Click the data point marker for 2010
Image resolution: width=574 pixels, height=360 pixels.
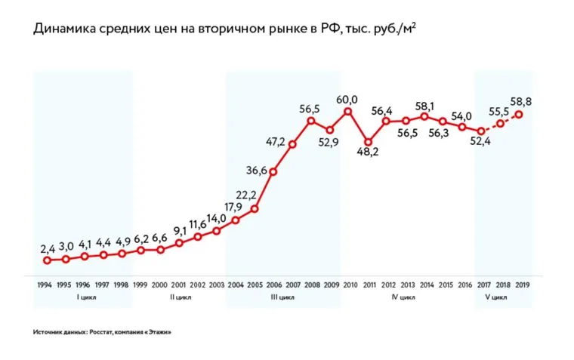pyautogui.click(x=348, y=112)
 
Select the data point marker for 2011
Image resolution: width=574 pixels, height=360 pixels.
pyautogui.click(x=368, y=142)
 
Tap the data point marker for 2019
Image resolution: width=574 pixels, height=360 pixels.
pyautogui.click(x=519, y=114)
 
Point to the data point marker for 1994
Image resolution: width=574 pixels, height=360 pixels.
pyautogui.click(x=47, y=260)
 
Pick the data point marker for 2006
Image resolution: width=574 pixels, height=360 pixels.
pyautogui.click(x=273, y=171)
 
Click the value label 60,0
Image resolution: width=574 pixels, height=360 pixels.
pyautogui.click(x=347, y=99)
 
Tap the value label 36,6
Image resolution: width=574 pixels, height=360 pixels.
pyautogui.click(x=257, y=171)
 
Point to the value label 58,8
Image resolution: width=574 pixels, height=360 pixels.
pyautogui.click(x=520, y=100)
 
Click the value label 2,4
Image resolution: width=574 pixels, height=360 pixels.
pyautogui.click(x=48, y=248)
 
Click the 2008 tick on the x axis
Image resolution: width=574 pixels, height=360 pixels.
pyautogui.click(x=311, y=285)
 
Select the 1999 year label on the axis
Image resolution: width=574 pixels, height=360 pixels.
pyautogui.click(x=141, y=285)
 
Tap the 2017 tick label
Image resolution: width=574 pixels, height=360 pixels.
pyautogui.click(x=482, y=285)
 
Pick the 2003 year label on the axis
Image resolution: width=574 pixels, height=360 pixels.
pyautogui.click(x=217, y=285)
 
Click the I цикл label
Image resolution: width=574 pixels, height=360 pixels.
pyautogui.click(x=83, y=297)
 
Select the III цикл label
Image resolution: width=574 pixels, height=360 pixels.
pyautogui.click(x=282, y=297)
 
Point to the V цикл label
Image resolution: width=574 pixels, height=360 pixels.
pyautogui.click(x=494, y=297)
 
